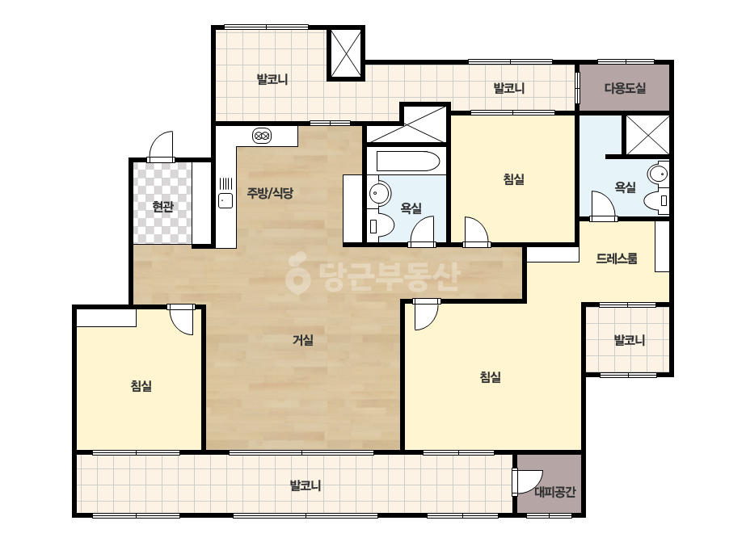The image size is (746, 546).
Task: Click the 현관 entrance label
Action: pyautogui.click(x=162, y=207)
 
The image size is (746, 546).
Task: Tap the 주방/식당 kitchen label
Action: pyautogui.click(x=270, y=192)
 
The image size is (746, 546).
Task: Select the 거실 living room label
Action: pyautogui.click(x=303, y=340)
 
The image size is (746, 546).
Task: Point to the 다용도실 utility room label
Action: pyautogui.click(x=625, y=88)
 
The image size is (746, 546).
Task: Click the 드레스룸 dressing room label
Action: pyautogui.click(x=617, y=258)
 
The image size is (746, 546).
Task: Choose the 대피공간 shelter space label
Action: pyautogui.click(x=555, y=492)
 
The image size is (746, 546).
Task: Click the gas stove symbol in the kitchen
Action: pyautogui.click(x=262, y=136)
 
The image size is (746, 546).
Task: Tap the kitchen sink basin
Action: pyautogui.click(x=225, y=200)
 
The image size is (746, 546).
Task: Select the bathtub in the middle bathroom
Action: pyautogui.click(x=407, y=162)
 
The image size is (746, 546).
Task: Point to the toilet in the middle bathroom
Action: pyautogui.click(x=381, y=225)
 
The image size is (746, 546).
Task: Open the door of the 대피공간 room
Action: pyautogui.click(x=528, y=482)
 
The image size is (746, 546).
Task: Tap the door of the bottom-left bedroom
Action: pyautogui.click(x=181, y=320)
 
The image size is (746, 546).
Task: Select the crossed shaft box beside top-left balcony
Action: pyautogui.click(x=346, y=52)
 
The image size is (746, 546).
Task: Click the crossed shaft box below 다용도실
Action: pyautogui.click(x=647, y=135)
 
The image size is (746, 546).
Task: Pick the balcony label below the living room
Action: pyautogui.click(x=306, y=485)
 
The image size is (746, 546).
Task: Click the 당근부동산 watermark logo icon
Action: pyautogui.click(x=297, y=273)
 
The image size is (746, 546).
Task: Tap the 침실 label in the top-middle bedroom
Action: pyautogui.click(x=514, y=179)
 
